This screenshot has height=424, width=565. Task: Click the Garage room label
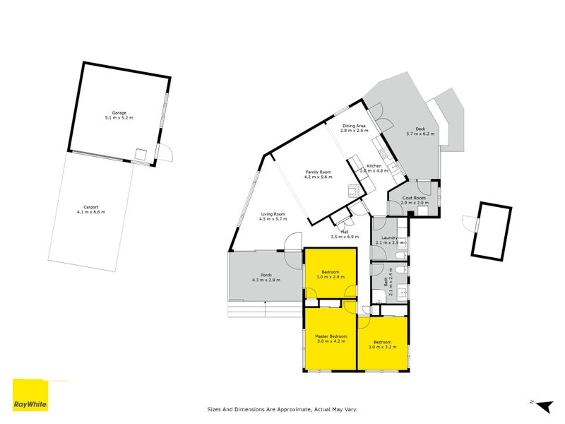119,112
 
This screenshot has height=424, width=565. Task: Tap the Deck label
420,129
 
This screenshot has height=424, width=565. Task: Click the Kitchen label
374,165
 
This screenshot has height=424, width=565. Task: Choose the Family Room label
318,172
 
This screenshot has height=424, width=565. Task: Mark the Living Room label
273,213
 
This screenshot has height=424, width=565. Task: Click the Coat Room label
414,198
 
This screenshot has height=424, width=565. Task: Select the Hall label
345,231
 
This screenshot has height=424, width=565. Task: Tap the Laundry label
389,237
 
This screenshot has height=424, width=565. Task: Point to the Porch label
266,275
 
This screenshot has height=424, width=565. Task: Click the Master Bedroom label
331,336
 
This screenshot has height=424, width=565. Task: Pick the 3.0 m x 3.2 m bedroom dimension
382,347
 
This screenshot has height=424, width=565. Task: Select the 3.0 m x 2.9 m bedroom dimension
330,277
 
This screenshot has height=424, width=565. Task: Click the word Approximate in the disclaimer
295,408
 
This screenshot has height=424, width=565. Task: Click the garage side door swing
165,152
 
